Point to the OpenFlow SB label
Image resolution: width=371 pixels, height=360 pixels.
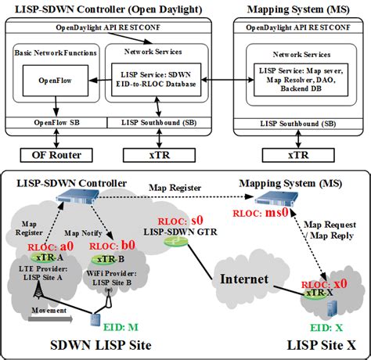(x=54, y=122)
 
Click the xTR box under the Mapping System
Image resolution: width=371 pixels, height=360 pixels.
(x=297, y=154)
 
